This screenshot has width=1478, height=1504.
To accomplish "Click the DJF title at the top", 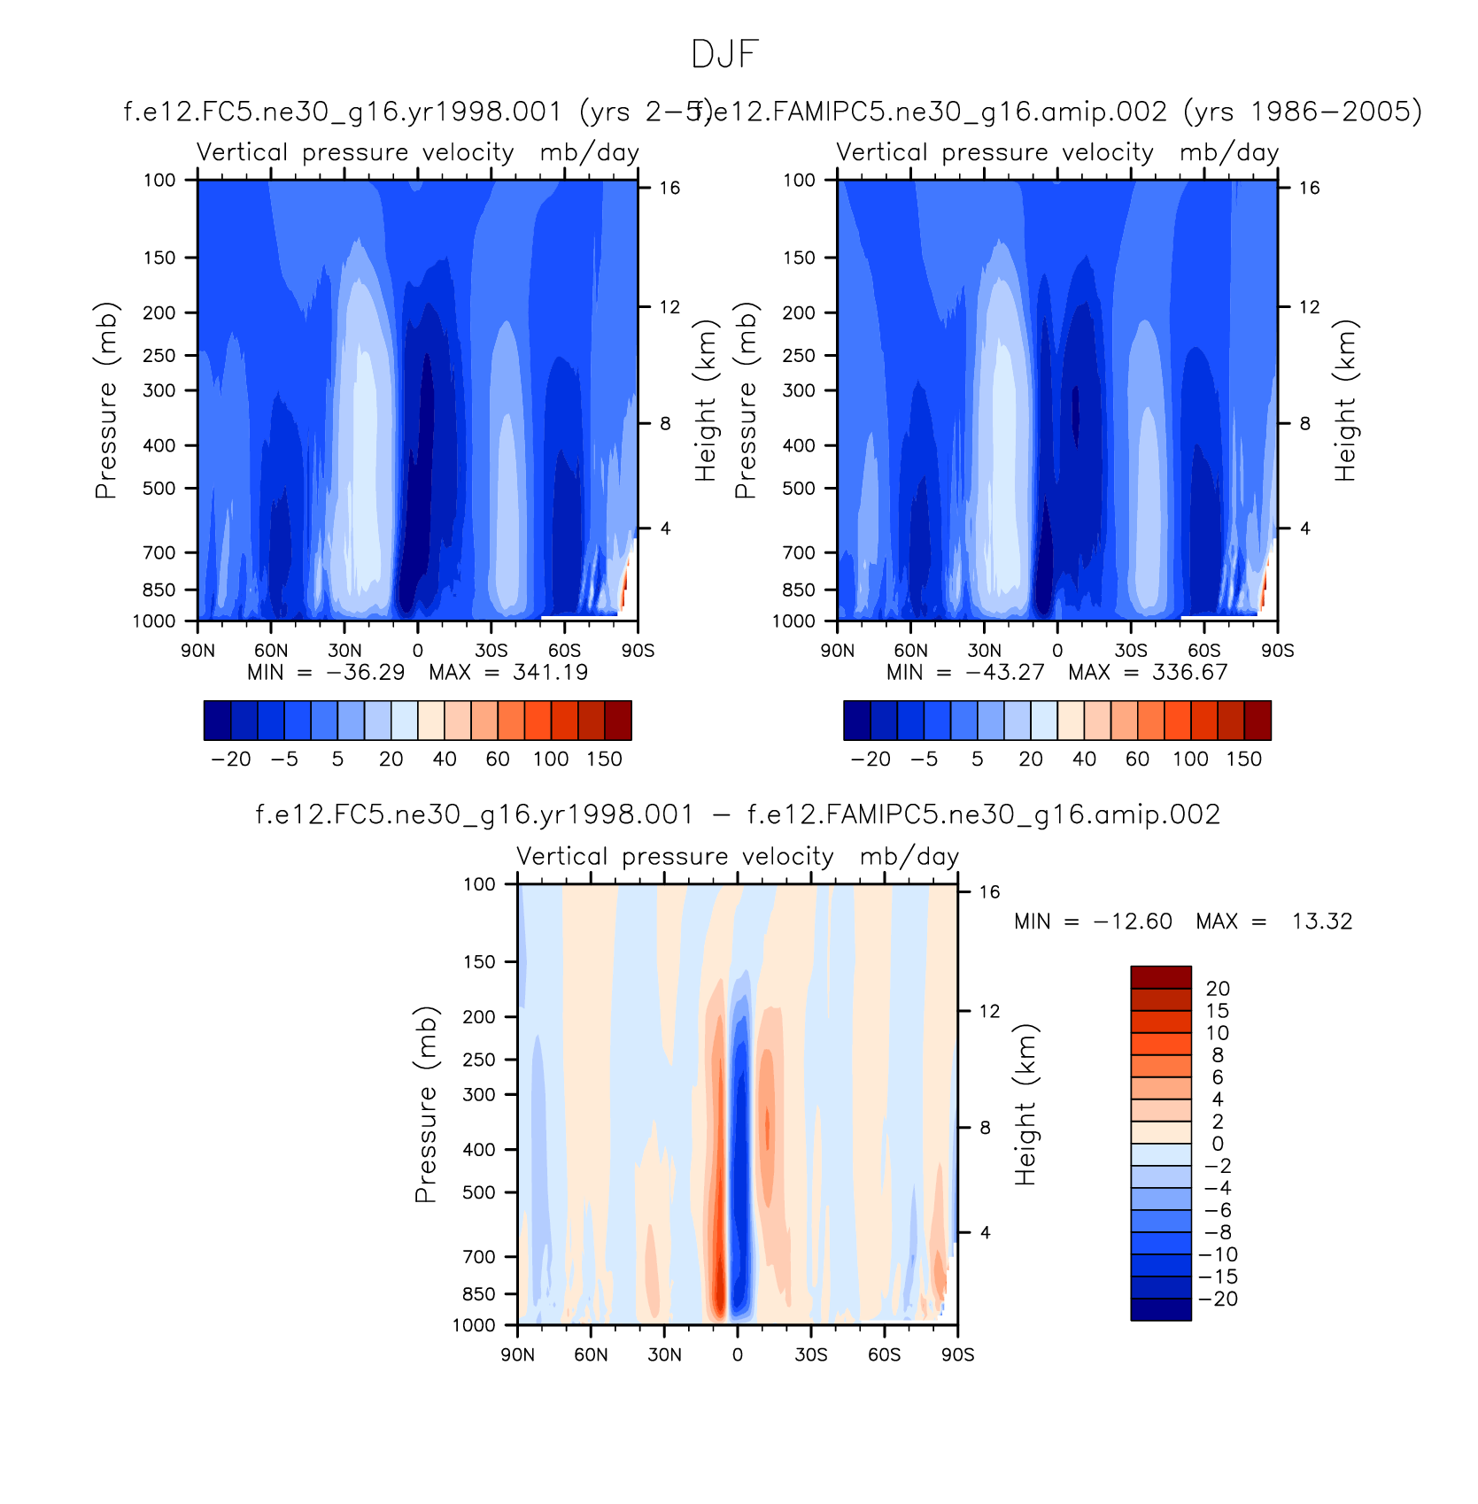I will (x=724, y=55).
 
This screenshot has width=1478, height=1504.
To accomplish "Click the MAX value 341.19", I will (x=550, y=673).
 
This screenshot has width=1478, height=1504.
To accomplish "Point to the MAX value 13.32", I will (x=1321, y=922).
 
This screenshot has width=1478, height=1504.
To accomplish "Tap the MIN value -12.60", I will (x=1133, y=922).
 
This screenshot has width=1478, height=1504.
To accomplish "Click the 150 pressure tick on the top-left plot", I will (x=159, y=258).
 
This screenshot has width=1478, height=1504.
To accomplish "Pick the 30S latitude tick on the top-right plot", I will (x=1131, y=651).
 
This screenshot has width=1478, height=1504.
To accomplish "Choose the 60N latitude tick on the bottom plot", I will (x=591, y=1354).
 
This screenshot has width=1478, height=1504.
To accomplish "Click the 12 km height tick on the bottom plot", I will (x=989, y=1011).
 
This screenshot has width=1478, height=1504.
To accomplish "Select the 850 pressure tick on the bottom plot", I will (x=479, y=1294).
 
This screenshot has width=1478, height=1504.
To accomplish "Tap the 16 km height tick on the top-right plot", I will (x=1309, y=188).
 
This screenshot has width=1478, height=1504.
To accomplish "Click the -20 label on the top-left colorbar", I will (x=231, y=760).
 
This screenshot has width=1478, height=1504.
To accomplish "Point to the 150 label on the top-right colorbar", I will (x=1243, y=760).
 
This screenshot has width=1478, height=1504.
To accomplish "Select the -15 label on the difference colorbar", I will (x=1218, y=1276).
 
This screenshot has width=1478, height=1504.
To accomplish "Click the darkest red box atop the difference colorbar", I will (x=1160, y=976).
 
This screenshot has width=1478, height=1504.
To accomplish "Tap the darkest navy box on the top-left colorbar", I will (x=217, y=720).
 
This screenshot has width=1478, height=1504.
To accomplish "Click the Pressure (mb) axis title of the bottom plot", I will (x=426, y=1104).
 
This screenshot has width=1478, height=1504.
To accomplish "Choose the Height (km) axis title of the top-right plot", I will (x=1345, y=400).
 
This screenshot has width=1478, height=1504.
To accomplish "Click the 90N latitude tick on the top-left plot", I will (x=197, y=651).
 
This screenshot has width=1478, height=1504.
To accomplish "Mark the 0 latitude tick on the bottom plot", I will (x=738, y=1354).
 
